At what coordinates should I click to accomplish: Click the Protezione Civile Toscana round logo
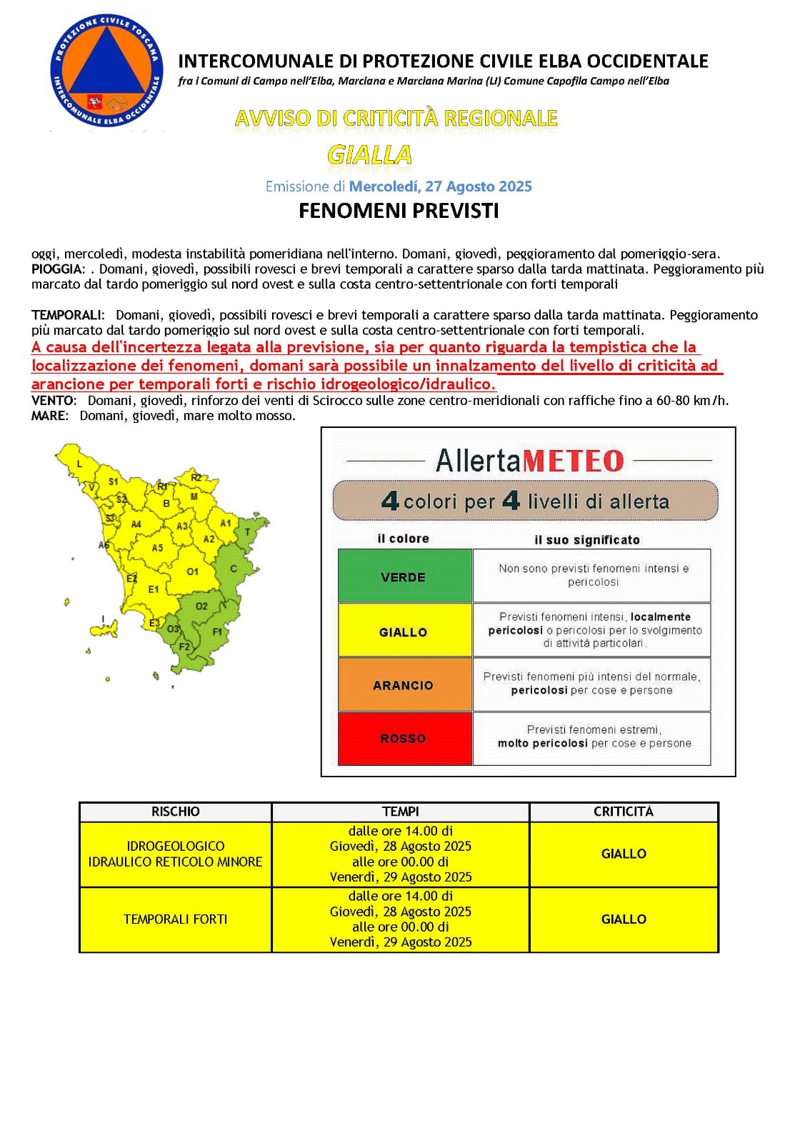coord(106,72)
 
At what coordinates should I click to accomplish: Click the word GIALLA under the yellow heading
coord(369,154)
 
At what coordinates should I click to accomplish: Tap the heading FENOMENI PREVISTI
coord(399,211)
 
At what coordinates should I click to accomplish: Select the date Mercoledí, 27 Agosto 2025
coord(440,186)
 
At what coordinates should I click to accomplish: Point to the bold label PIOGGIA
coord(56,269)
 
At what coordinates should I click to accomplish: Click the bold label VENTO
coord(52,401)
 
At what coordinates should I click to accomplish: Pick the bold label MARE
coord(49,416)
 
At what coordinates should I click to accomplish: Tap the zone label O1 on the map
coord(193,571)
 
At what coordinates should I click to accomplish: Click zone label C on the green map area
coord(234,569)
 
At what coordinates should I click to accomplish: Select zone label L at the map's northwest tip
coord(79,464)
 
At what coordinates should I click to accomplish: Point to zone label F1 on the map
coord(217,632)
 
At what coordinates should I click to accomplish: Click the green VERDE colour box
coord(404,576)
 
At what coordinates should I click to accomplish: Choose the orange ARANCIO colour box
coord(404,684)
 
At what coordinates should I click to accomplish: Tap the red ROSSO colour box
coord(404,739)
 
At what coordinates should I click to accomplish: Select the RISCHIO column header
coord(176,812)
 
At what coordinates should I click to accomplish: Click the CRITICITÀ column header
coord(623,812)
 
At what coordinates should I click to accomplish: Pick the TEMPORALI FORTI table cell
coord(176,919)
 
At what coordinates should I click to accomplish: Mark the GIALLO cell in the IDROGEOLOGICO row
coord(624,854)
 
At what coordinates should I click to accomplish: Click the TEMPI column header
coord(401,812)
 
